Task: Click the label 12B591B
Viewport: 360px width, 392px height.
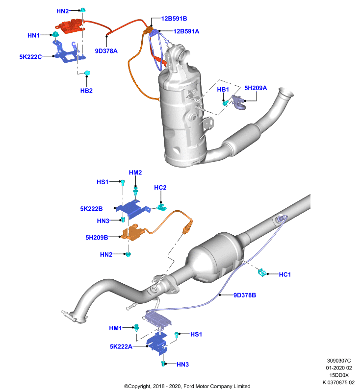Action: pos(174,19)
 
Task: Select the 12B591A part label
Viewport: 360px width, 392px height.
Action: pos(186,31)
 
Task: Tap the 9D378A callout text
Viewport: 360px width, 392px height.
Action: pos(106,51)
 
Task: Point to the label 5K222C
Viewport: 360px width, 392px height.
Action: pos(30,57)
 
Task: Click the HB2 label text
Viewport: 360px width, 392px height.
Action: pos(86,91)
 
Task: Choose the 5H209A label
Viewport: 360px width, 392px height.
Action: pos(256,88)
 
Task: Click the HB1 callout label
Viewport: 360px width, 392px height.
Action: pos(223,90)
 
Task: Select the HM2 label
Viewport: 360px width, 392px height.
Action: pos(135,172)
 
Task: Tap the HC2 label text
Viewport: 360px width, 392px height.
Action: pos(160,188)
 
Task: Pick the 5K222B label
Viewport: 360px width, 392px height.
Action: pos(91,209)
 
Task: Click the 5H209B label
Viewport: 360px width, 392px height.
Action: pos(97,238)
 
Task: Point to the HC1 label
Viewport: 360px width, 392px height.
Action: pos(284,274)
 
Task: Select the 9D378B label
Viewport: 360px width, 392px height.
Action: pos(245,295)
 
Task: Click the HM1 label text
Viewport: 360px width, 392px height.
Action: pos(115,328)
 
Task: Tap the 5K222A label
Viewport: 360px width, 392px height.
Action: pos(121,346)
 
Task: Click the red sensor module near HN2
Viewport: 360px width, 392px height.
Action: pos(70,26)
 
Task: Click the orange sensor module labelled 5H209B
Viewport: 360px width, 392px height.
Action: pos(132,232)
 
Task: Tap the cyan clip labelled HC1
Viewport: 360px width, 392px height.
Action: pos(262,272)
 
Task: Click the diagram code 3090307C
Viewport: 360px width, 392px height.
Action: pos(339,361)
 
